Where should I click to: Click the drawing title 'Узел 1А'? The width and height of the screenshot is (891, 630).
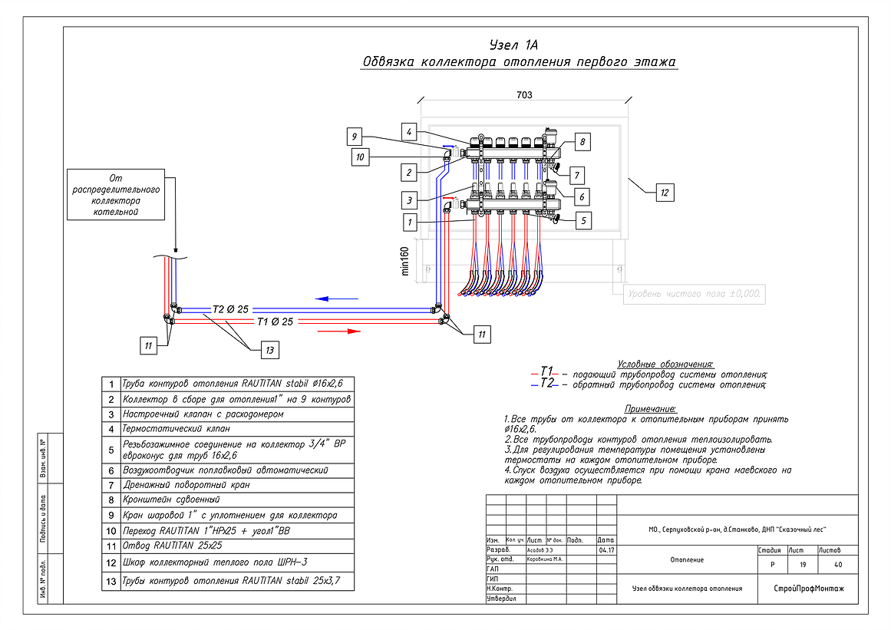coord(518,44)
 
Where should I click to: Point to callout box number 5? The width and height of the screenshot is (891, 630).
coord(582,220)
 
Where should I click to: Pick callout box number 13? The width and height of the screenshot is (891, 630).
coord(269,350)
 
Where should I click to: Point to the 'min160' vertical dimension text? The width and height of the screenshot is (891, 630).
coord(404,259)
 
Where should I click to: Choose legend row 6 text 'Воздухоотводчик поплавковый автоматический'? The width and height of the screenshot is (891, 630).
coord(226,470)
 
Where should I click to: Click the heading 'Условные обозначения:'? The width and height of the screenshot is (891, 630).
coord(665,364)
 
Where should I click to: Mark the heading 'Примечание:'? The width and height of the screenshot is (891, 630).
coord(649,410)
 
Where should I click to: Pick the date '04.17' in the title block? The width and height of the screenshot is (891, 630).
coord(606,550)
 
